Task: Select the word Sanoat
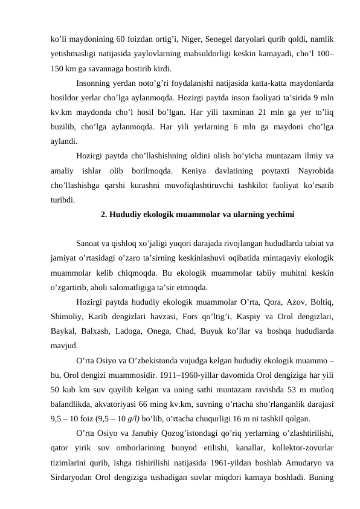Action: point(88,244)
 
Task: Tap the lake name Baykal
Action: point(63,331)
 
